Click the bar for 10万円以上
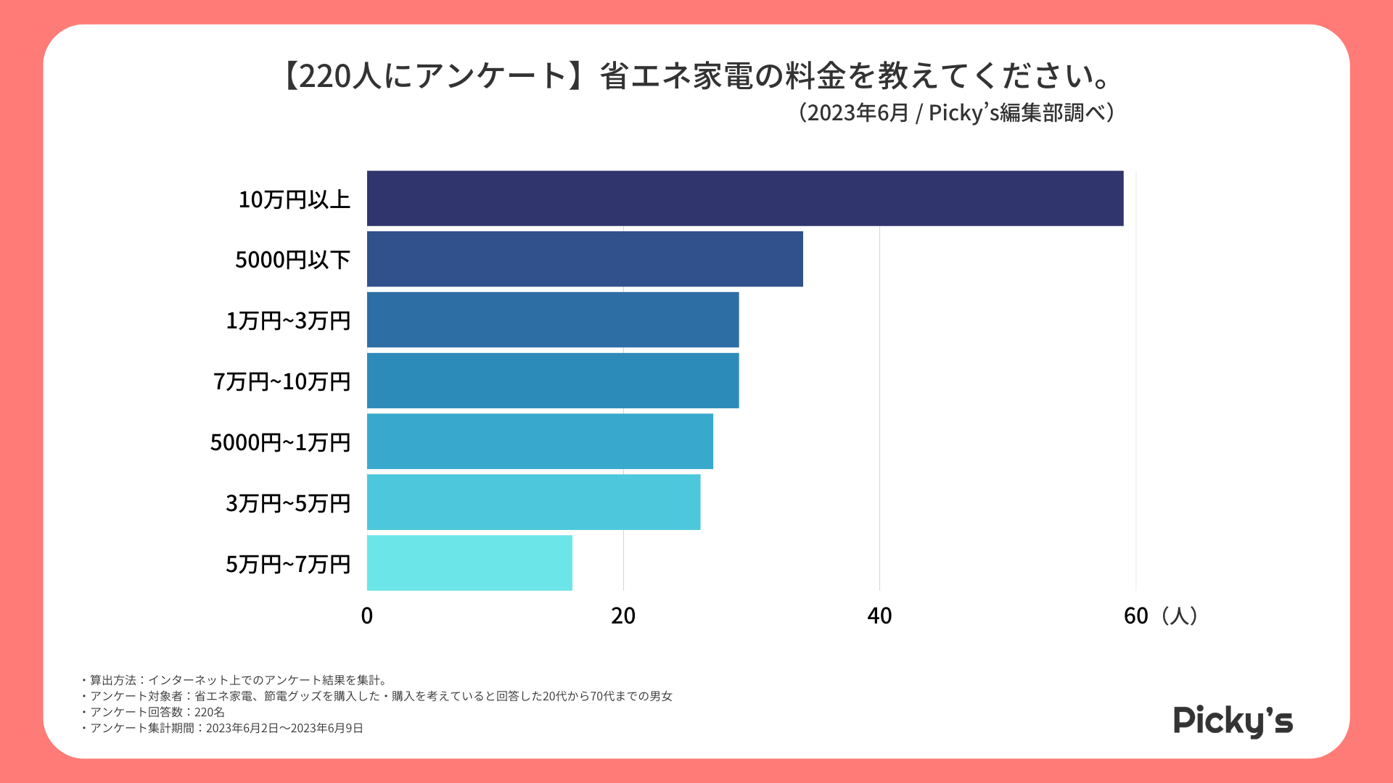[744, 198]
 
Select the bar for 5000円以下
[585, 259]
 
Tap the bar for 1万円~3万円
[553, 320]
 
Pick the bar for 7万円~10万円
[553, 381]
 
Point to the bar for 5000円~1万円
[540, 442]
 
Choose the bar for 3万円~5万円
[533, 502]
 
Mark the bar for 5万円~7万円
[469, 563]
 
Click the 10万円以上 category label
[294, 199]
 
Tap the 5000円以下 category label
[292, 260]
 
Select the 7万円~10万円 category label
[282, 381]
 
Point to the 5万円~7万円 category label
[288, 564]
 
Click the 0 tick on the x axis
[367, 616]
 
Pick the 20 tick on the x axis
[623, 616]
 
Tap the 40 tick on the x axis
[879, 616]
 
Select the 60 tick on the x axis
[1135, 616]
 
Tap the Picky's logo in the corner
[1233, 721]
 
